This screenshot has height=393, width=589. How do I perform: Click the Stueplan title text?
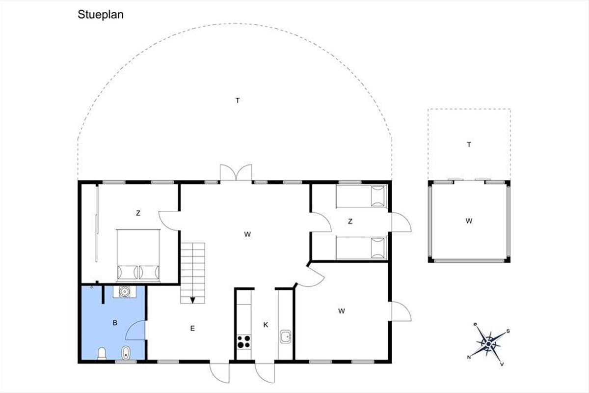point(101,15)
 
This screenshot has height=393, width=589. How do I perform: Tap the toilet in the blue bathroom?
point(102,354)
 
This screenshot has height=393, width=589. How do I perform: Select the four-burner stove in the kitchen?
point(244,342)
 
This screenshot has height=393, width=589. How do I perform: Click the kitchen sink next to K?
point(285,337)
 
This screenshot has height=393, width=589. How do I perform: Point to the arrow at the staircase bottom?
point(192,300)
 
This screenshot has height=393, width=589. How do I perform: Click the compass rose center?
point(488,344)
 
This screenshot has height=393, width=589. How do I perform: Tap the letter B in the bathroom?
point(115,323)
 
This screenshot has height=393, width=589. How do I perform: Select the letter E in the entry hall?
point(192,328)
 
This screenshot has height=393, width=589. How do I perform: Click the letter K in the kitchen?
point(266,325)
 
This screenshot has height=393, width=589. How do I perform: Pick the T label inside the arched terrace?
point(238,100)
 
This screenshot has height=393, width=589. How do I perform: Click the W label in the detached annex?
point(469,221)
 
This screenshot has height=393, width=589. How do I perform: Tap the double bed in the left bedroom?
point(138,255)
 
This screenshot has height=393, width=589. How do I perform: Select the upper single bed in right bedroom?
point(362,196)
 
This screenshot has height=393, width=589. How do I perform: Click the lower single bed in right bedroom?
point(362,248)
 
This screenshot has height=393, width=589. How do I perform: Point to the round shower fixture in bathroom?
point(124,292)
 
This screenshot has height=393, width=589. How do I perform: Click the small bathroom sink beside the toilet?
point(126,353)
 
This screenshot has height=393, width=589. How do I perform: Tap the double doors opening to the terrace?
point(236,173)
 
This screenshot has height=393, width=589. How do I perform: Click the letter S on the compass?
point(508,331)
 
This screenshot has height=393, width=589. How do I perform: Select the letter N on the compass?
point(469,357)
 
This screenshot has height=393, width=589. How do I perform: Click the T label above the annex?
point(469,144)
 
